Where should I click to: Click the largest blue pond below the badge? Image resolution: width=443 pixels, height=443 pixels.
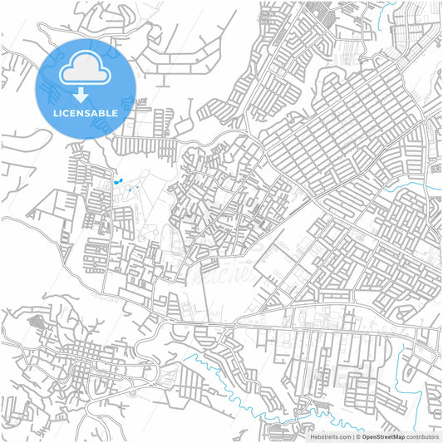pos(117,180)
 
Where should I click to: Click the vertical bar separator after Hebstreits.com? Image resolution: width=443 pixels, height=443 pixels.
pos(352,436)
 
